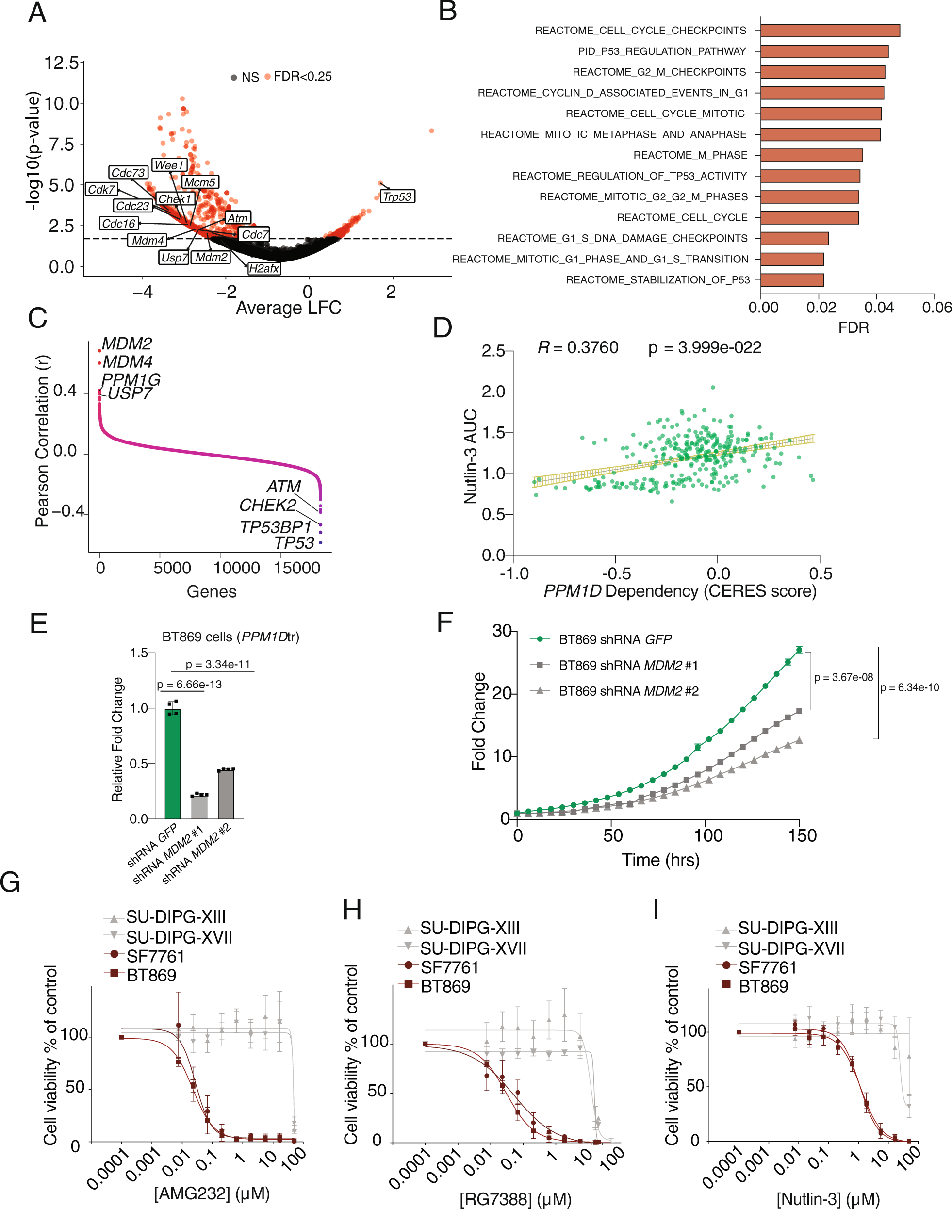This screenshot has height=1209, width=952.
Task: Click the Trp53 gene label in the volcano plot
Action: (397, 196)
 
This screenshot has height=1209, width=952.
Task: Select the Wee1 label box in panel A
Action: (169, 165)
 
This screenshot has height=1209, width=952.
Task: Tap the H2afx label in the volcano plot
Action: (264, 269)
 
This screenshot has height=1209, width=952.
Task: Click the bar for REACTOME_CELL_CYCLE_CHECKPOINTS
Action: (829, 31)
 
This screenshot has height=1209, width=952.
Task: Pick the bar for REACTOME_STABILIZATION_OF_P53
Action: (792, 279)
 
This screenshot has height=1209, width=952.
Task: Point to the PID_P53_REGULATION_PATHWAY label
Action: (662, 51)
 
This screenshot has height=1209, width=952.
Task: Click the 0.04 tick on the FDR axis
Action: (879, 307)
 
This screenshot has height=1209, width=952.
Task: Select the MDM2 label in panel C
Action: (127, 344)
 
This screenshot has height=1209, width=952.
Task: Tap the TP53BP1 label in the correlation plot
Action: (275, 527)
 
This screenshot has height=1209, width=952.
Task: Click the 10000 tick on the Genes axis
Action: (237, 568)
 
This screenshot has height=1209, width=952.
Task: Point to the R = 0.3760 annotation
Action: (578, 348)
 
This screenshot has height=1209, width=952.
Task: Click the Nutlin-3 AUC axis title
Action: (471, 457)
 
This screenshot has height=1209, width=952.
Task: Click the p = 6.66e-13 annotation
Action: (190, 684)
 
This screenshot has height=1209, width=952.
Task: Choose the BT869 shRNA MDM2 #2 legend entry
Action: (628, 691)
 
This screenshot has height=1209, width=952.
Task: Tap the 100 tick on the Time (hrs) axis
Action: (708, 836)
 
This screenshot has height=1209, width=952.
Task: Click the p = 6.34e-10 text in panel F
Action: (909, 687)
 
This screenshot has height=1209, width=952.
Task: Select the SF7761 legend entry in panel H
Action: (449, 967)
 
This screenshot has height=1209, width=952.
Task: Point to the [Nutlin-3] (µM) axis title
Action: (828, 1198)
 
